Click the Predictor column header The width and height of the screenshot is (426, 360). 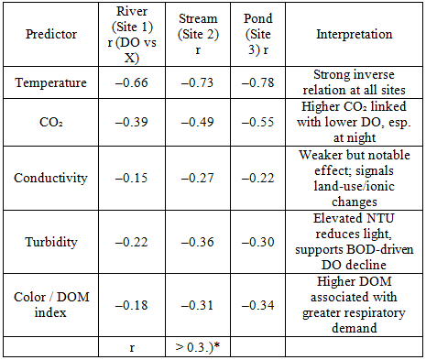pyautogui.click(x=51, y=34)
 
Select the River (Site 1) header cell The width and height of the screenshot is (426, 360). pyautogui.click(x=132, y=34)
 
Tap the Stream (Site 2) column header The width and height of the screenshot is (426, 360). pyautogui.click(x=198, y=34)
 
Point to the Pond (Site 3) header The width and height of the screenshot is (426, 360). pyautogui.click(x=258, y=34)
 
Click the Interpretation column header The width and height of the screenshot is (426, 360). pyautogui.click(x=355, y=34)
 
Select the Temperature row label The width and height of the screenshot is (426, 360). pyautogui.click(x=51, y=82)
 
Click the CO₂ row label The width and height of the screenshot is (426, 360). pyautogui.click(x=51, y=122)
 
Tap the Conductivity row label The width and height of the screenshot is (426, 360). pyautogui.click(x=50, y=178)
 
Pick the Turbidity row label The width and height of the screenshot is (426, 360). pyautogui.click(x=51, y=242)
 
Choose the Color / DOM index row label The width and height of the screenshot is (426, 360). pyautogui.click(x=51, y=305)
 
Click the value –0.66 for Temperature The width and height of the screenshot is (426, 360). pyautogui.click(x=132, y=82)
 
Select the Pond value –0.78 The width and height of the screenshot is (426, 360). pyautogui.click(x=258, y=82)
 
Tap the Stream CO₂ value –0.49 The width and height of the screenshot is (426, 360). pyautogui.click(x=197, y=122)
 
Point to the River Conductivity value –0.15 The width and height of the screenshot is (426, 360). pyautogui.click(x=132, y=178)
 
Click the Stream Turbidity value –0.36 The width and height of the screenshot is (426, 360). pyautogui.click(x=197, y=242)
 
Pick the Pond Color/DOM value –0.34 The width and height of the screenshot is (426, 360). pyautogui.click(x=258, y=305)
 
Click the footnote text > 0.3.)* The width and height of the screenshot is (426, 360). pyautogui.click(x=198, y=347)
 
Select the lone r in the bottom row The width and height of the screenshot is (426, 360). pyautogui.click(x=132, y=348)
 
